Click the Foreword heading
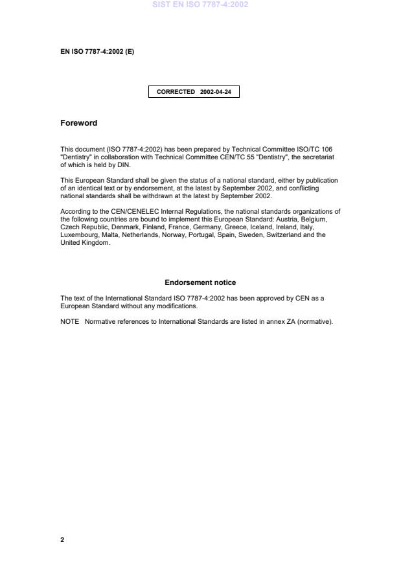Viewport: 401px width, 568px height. (x=78, y=123)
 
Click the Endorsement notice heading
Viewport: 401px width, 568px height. (x=200, y=282)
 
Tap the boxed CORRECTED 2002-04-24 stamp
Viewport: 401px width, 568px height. (x=194, y=92)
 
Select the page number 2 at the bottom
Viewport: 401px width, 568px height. (x=62, y=540)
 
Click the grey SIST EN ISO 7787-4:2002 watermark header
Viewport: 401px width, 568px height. (x=200, y=5)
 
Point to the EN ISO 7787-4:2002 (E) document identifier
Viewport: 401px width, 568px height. (x=97, y=51)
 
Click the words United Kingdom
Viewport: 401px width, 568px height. (x=86, y=244)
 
